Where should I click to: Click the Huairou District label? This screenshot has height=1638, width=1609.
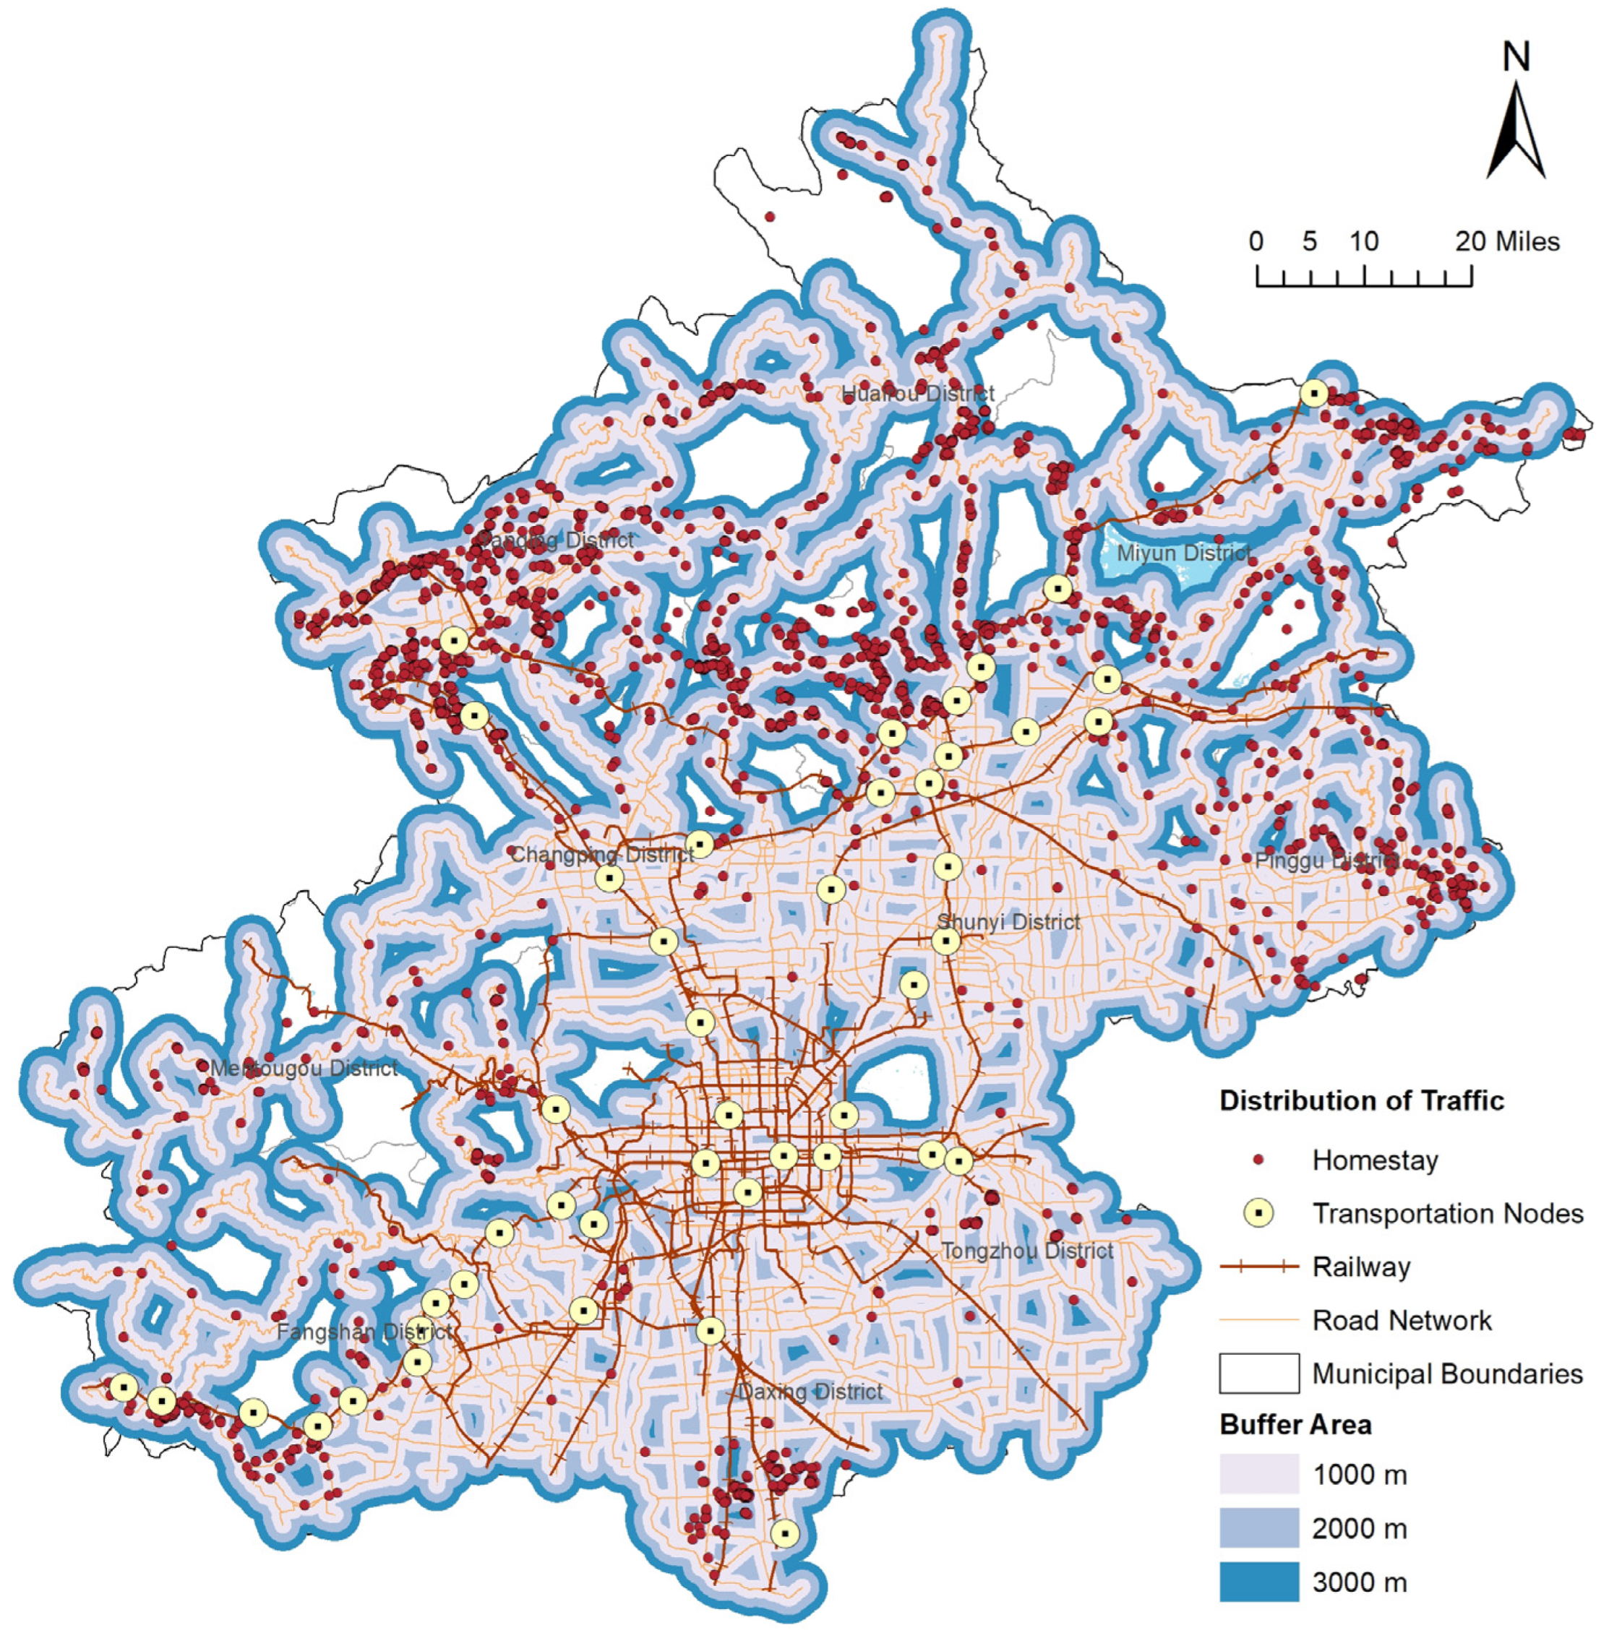(918, 394)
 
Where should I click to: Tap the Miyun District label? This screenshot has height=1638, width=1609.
(1183, 553)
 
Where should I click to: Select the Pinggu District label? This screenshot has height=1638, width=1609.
(1327, 861)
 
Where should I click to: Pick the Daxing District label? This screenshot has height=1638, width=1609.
(810, 1392)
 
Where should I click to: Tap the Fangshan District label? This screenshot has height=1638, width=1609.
(364, 1332)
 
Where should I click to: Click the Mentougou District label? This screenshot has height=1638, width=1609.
(304, 1069)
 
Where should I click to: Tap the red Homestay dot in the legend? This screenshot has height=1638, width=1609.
(1259, 1160)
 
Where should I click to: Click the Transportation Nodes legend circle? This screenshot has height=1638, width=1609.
(1259, 1214)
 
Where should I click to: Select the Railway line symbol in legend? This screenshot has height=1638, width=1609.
(1259, 1267)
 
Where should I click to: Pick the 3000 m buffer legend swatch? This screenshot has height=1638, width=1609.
(1259, 1582)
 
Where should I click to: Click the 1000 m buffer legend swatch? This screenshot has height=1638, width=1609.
(1259, 1474)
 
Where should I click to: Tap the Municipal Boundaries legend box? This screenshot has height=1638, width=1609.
(1259, 1374)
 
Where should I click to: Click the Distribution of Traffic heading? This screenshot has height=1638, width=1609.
(1361, 1100)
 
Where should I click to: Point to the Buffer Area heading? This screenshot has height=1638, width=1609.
(1295, 1425)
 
